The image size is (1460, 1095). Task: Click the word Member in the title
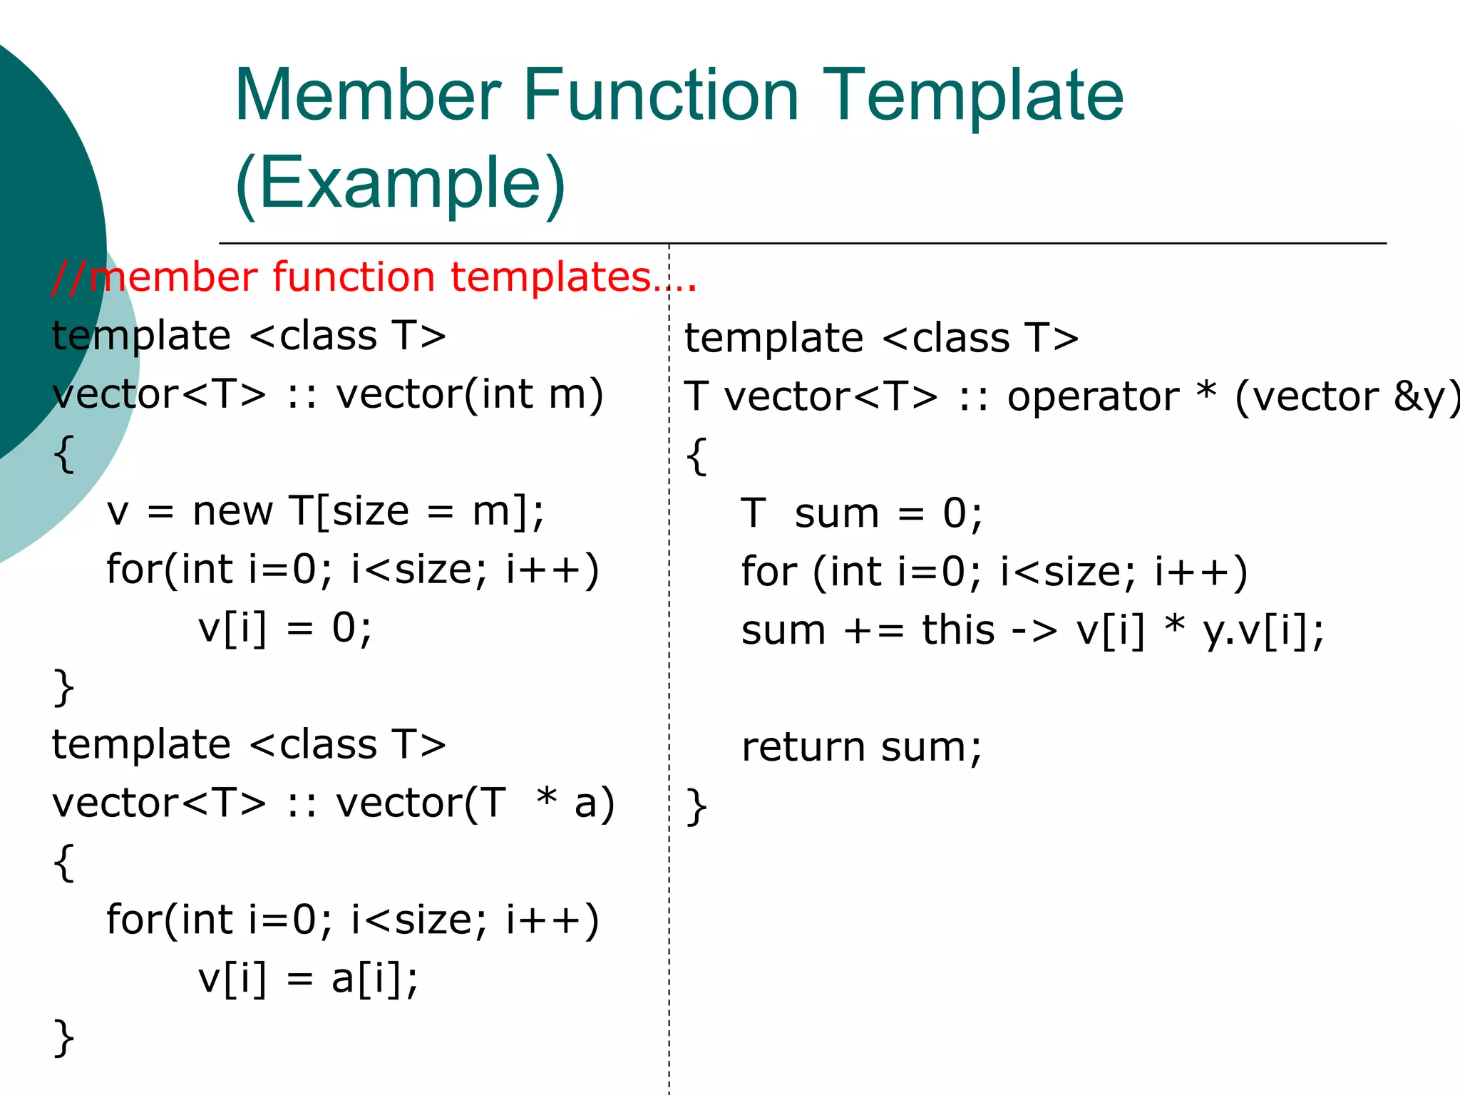[x=368, y=96]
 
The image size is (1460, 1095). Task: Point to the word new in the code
[x=232, y=512]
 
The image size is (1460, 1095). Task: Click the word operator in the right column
[x=1093, y=398]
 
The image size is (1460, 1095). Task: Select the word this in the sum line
[x=958, y=631]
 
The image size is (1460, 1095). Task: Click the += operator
[x=874, y=632]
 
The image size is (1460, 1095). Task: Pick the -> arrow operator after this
[x=1035, y=632]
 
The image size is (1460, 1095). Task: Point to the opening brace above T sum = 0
[x=696, y=456]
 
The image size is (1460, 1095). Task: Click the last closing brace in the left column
[x=64, y=1037]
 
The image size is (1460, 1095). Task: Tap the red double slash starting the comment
[x=69, y=277]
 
